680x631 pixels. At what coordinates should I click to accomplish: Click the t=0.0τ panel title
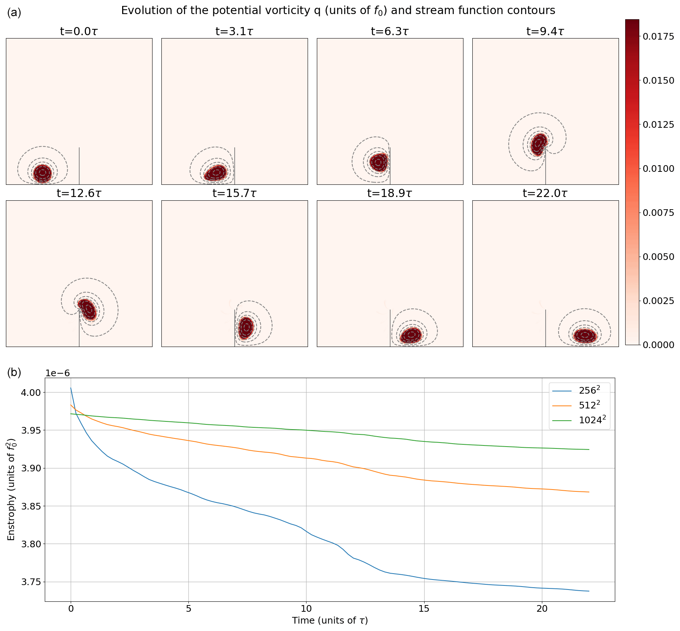(79, 31)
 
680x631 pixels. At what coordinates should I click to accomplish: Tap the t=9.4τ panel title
(545, 31)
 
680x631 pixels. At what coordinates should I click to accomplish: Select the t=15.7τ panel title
(234, 193)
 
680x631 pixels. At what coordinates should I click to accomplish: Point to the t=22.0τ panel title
(545, 193)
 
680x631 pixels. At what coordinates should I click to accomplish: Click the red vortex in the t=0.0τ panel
(42, 173)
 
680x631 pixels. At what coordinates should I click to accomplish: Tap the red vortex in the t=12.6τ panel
(87, 309)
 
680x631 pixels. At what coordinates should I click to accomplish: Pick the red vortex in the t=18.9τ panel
(411, 335)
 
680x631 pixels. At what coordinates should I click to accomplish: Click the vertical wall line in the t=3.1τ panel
(235, 166)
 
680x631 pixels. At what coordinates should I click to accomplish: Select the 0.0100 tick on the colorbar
(640, 168)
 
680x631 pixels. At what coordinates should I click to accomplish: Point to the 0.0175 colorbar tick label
(659, 37)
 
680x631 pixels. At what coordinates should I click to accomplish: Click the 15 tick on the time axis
(424, 610)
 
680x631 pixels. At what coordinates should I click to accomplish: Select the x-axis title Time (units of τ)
(330, 621)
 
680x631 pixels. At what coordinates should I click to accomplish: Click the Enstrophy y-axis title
(11, 489)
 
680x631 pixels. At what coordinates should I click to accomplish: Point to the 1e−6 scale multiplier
(57, 373)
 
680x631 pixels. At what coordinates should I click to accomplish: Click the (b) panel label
(14, 373)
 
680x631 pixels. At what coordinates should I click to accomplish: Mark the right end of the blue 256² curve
(589, 591)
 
